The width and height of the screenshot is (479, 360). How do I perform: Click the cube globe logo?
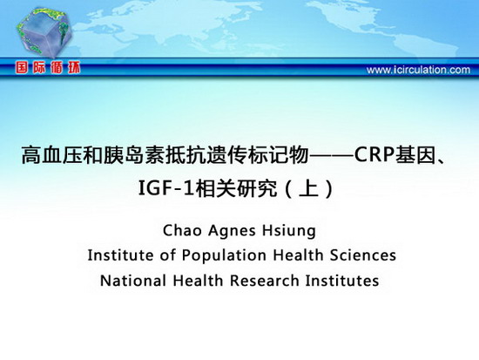point(44,33)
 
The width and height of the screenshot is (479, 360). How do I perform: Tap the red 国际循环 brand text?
point(48,68)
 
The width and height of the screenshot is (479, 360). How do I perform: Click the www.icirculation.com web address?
point(418,70)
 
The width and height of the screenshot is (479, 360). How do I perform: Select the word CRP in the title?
point(374,155)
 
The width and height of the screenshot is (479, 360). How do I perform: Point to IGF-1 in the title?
point(166,188)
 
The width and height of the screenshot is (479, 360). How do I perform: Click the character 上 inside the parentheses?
point(309,188)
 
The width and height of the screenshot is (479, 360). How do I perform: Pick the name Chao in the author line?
point(182,230)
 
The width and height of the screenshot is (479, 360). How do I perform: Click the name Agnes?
point(232,231)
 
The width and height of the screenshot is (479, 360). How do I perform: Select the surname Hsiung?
point(289,231)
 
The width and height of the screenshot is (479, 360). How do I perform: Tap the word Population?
point(224,255)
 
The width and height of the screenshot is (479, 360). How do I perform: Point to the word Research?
point(264,281)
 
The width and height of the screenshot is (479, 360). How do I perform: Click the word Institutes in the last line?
point(342,281)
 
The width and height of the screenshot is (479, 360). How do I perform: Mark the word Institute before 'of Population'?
point(120,255)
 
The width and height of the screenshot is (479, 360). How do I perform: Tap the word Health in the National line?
point(198,281)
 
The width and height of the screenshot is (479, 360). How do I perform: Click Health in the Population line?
point(298,255)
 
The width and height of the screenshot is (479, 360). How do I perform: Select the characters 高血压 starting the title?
point(52,155)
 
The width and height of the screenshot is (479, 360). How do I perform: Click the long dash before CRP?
point(332,155)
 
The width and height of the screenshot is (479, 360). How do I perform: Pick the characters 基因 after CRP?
point(415,155)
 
